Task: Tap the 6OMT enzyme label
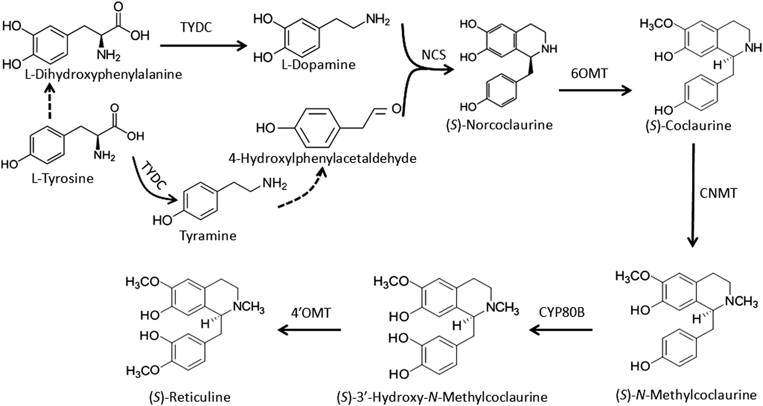tap(589, 74)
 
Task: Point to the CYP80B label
tap(561, 312)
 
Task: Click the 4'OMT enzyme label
tap(311, 312)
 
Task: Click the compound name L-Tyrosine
tap(62, 178)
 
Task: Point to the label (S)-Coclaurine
tap(688, 126)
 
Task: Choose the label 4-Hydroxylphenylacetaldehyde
tap(322, 158)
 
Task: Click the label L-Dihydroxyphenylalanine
tap(92, 75)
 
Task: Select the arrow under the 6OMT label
tap(595, 90)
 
